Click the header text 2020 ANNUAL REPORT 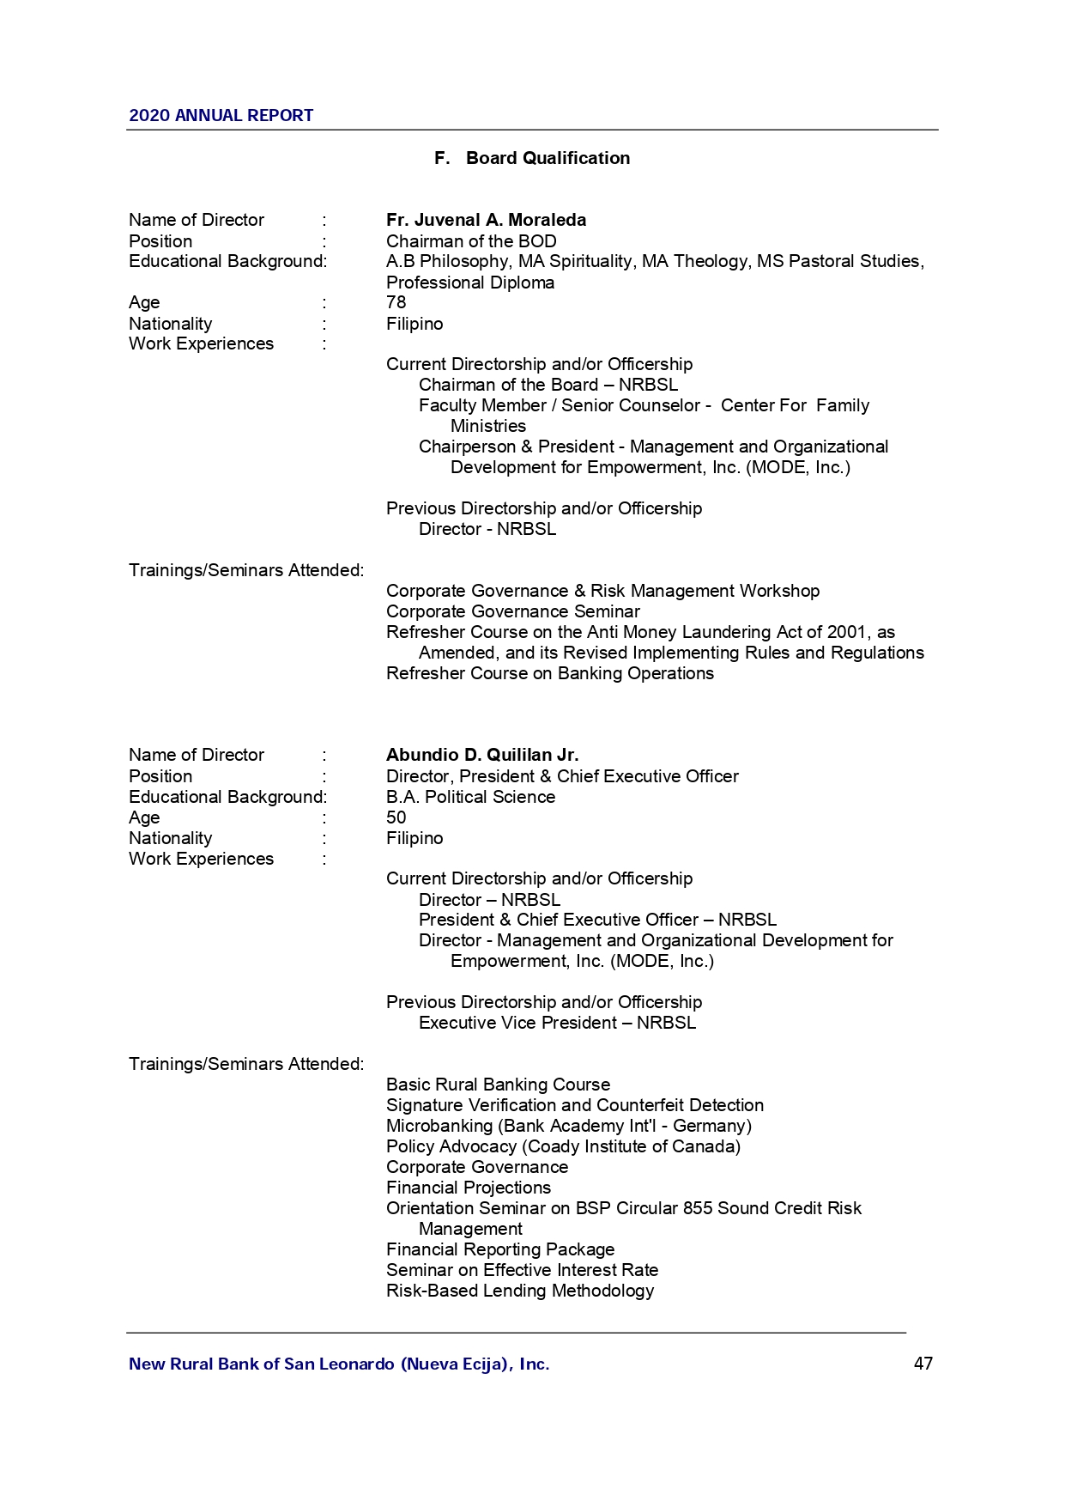click(x=221, y=115)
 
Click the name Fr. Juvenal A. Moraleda click(x=486, y=220)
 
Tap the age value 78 click(x=396, y=302)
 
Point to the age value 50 click(x=396, y=817)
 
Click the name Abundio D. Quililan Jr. click(x=481, y=755)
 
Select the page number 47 click(x=923, y=1364)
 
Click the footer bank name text click(x=339, y=1364)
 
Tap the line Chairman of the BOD click(x=471, y=241)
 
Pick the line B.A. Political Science click(x=470, y=797)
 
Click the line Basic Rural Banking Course click(x=498, y=1085)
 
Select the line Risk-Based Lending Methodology click(x=519, y=1291)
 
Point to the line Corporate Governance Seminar click(x=512, y=611)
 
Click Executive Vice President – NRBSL click(x=557, y=1023)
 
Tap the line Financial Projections click(x=468, y=1188)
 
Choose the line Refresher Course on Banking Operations click(x=549, y=673)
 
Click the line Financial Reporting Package click(x=499, y=1249)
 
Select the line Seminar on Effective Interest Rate click(x=522, y=1270)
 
